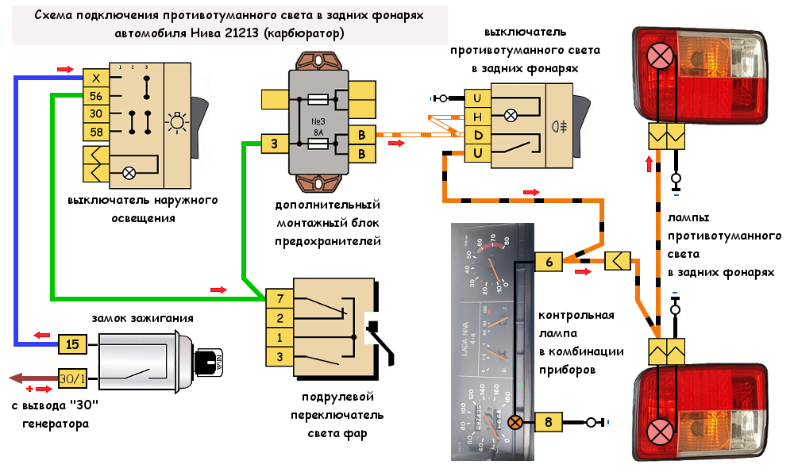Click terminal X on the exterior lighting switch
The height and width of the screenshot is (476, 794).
pos(95,78)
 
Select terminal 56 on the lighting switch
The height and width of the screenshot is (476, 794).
pos(95,96)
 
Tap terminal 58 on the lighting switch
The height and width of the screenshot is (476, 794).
pos(95,132)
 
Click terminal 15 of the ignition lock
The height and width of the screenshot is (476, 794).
pos(71,345)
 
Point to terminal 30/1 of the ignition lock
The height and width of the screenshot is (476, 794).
pos(71,378)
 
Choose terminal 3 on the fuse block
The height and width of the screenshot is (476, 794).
pos(274,144)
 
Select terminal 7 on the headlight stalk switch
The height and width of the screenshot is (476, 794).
pos(279,300)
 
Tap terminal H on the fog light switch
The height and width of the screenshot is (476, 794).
pos(477,116)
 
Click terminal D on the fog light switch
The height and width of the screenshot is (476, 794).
pos(477,134)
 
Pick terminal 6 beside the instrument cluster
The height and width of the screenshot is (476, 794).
pos(549,261)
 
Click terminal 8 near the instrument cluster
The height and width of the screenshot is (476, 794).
pos(549,422)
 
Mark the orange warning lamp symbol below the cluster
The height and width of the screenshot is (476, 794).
pos(515,422)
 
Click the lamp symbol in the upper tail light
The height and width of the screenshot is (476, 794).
pos(659,56)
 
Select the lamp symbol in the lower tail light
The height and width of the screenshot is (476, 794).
pos(659,432)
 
